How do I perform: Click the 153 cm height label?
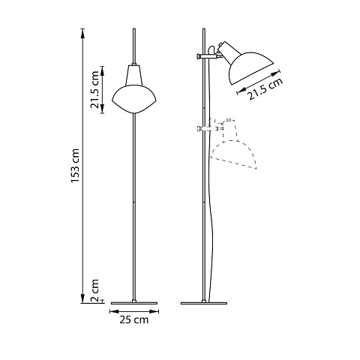click(75, 166)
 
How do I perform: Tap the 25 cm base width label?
click(134, 319)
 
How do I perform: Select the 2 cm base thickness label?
click(95, 290)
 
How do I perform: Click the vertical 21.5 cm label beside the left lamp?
click(95, 90)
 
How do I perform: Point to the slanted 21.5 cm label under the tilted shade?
click(265, 88)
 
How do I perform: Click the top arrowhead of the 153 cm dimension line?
click(82, 34)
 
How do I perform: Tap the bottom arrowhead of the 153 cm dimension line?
click(82, 298)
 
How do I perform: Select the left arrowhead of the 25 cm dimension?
click(115, 311)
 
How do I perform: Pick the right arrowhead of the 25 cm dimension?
click(154, 311)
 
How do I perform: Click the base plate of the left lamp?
click(134, 303)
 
